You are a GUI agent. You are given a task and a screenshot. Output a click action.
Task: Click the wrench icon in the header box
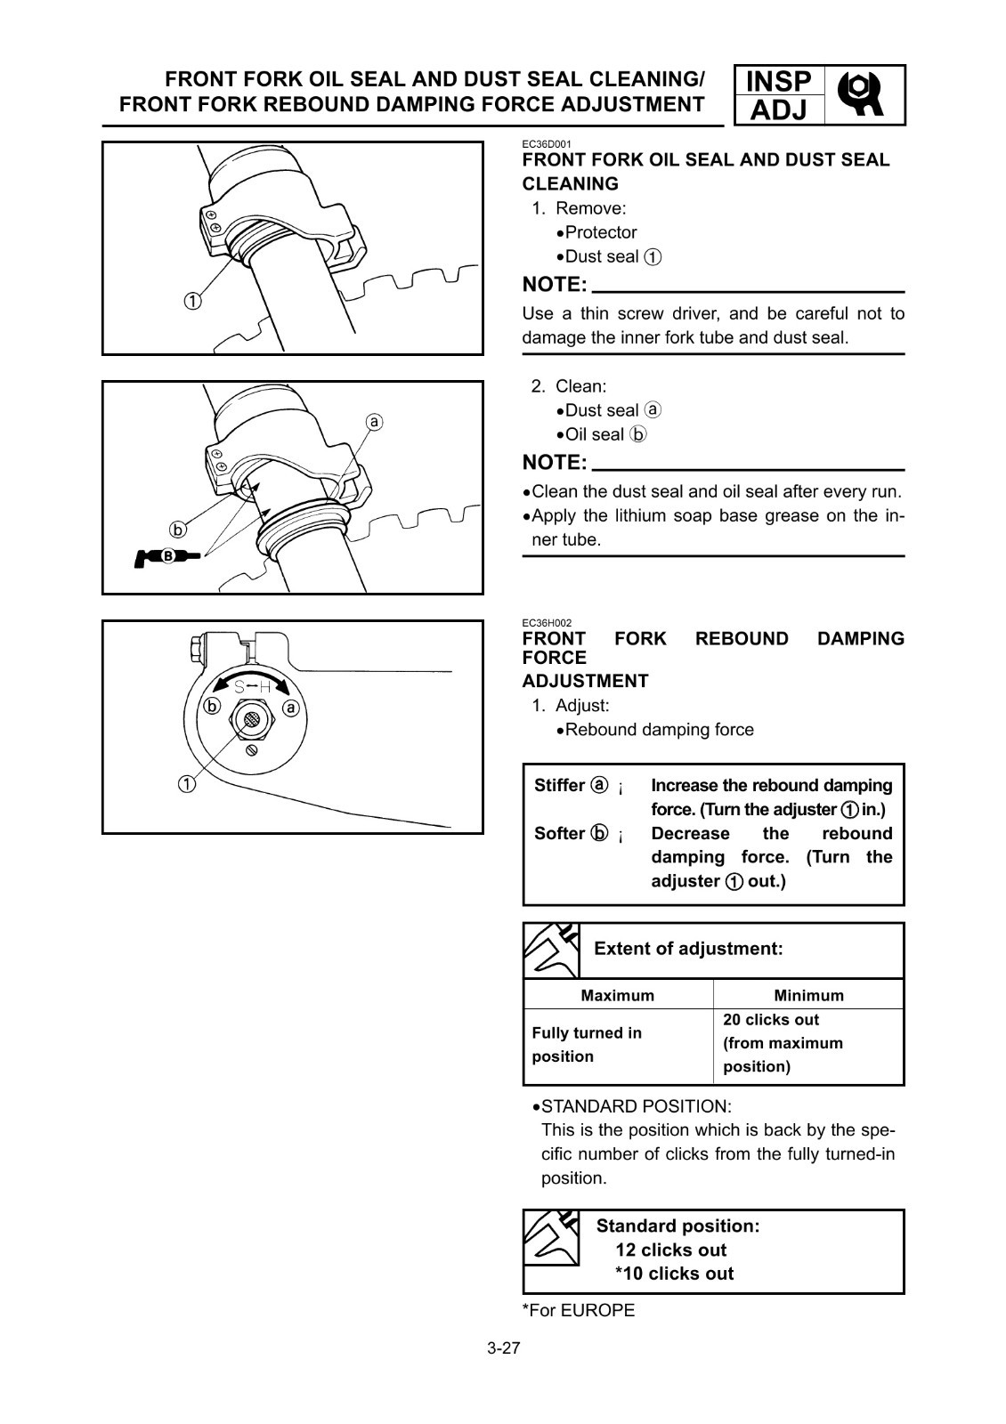point(864,94)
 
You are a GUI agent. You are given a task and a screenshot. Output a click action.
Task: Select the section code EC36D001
point(547,143)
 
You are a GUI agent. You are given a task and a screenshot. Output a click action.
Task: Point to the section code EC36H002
point(547,623)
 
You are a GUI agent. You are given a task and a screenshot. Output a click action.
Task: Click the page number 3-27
point(503,1347)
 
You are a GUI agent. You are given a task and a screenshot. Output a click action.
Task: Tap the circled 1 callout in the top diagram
point(193,301)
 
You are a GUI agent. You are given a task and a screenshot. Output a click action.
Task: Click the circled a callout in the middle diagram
point(375,421)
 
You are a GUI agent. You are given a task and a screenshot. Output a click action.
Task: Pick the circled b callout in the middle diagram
point(179,530)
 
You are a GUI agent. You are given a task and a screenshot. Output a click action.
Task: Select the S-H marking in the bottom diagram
point(252,686)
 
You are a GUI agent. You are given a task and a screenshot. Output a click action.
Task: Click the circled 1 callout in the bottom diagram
point(187,784)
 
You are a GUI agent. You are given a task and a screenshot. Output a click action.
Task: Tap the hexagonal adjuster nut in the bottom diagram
point(252,720)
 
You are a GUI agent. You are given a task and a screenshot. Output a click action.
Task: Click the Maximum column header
point(617,995)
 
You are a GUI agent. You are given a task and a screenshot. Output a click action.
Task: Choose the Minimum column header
point(808,995)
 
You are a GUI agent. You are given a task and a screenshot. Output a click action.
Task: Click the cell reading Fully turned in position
point(587,1045)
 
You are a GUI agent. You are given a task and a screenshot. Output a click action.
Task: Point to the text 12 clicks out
point(670,1250)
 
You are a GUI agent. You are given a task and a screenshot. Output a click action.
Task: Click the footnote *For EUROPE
point(579,1310)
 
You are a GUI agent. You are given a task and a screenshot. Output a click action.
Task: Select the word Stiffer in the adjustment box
point(560,785)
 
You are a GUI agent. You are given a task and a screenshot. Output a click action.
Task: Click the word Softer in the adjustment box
point(559,833)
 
